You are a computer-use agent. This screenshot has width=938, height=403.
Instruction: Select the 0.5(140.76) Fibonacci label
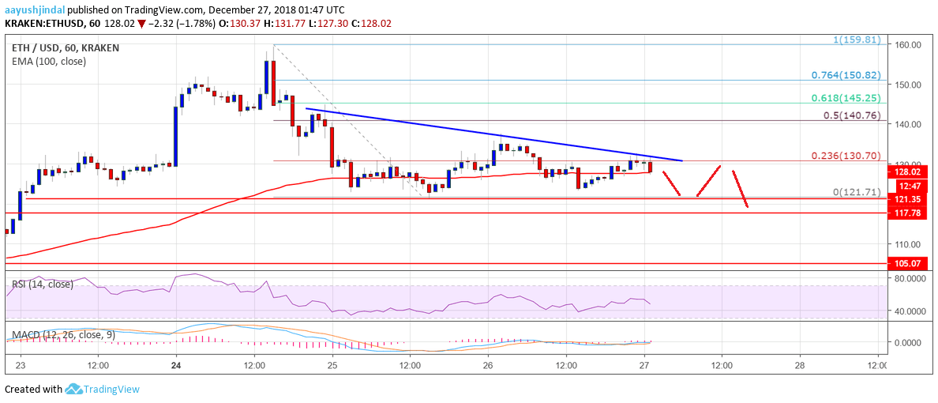pyautogui.click(x=856, y=115)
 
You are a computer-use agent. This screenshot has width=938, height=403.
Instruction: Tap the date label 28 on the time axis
pyautogui.click(x=800, y=366)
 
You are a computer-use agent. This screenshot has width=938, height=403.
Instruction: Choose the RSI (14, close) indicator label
pyautogui.click(x=42, y=284)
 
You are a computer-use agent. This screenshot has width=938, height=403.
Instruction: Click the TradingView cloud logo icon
pyautogui.click(x=75, y=389)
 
